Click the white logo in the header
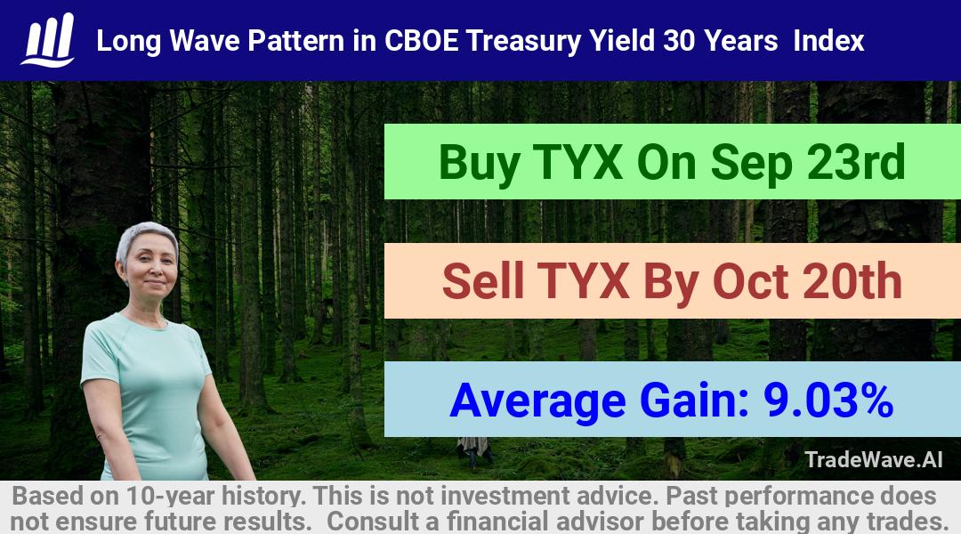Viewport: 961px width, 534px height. (48, 40)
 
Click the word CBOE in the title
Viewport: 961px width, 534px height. (421, 41)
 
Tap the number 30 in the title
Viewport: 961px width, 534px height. (679, 41)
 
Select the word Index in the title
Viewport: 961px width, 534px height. (828, 41)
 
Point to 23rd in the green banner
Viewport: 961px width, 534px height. (856, 162)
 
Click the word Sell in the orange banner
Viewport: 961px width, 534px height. (483, 281)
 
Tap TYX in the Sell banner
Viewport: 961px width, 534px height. (583, 281)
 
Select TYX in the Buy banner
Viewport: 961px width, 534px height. (578, 162)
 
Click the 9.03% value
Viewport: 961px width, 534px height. (828, 400)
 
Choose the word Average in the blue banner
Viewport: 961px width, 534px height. (537, 402)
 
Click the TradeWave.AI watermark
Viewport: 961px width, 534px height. (874, 459)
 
